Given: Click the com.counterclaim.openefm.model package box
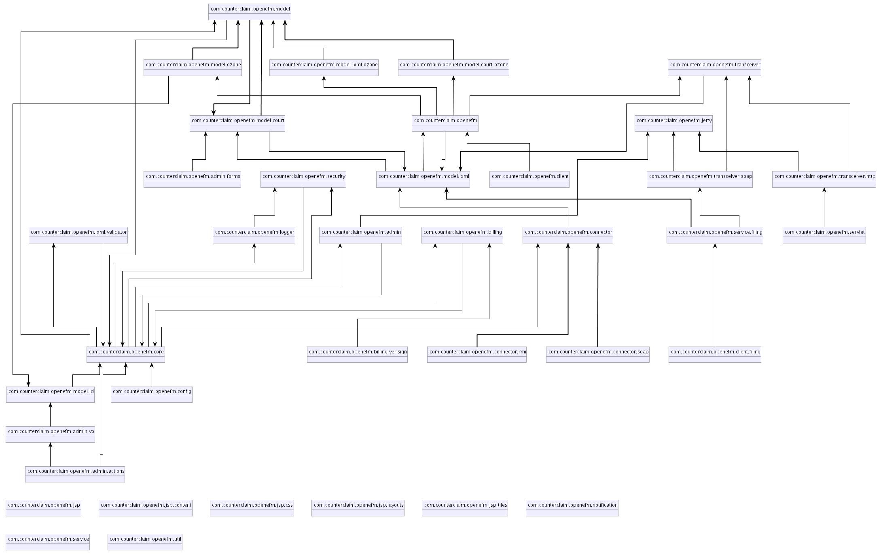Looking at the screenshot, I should coord(250,12).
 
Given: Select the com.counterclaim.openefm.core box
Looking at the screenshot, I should coord(126,354).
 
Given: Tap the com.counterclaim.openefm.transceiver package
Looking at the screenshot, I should coord(714,68).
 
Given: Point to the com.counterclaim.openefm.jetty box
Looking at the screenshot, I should coord(673,123).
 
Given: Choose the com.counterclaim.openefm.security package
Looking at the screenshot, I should coord(303,179).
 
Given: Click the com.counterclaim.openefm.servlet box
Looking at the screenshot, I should coord(824,235).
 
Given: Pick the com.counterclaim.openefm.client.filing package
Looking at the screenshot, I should coord(715,354).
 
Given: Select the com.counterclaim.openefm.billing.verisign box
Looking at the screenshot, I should coord(357,354).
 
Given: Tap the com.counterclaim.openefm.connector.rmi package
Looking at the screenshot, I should coord(477,354).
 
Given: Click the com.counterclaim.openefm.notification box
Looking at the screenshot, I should coord(572,508).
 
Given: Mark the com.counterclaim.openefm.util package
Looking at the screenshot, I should coord(145,542).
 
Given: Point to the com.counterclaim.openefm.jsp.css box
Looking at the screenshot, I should coord(252,508).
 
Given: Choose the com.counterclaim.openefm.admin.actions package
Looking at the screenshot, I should coord(75,474).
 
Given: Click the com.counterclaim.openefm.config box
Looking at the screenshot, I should coord(152,394).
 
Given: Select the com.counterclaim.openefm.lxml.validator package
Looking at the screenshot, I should coord(78,235).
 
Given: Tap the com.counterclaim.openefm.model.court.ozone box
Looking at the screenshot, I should coord(453,68).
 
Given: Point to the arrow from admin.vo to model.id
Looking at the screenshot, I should coord(50,414).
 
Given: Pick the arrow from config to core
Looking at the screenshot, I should coord(152,374).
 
